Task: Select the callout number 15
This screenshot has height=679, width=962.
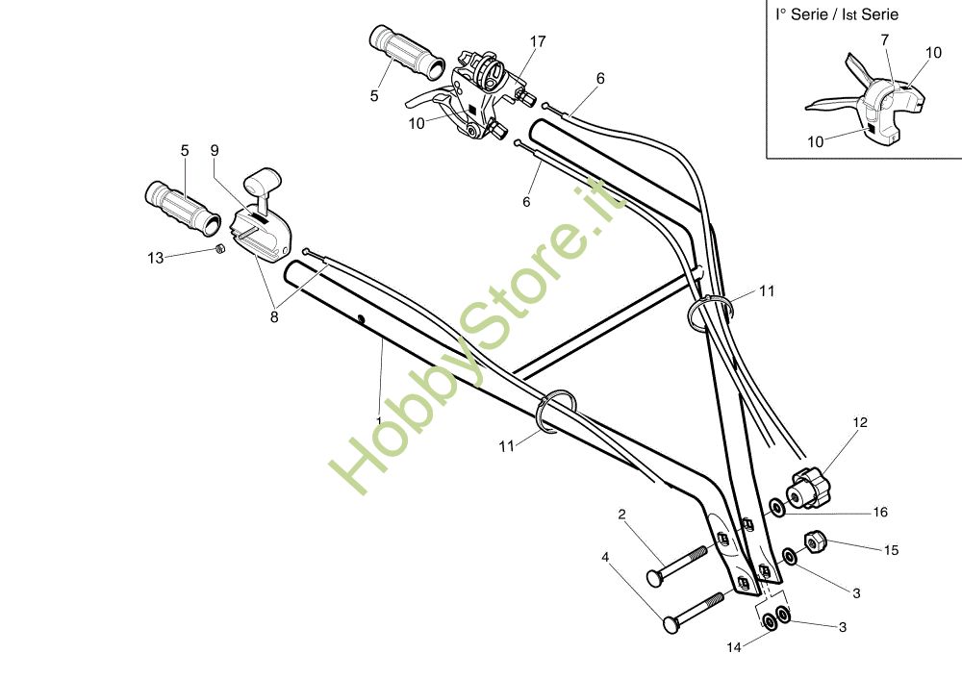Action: point(891,550)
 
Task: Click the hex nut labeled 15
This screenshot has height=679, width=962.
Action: point(814,543)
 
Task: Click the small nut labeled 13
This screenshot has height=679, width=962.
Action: point(218,249)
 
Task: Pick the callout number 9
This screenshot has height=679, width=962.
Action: point(215,150)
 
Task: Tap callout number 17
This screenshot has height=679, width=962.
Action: point(538,41)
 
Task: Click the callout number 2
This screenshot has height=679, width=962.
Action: point(621,515)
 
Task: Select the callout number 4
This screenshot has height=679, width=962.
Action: point(605,557)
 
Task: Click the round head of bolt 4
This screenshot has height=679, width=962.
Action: point(670,624)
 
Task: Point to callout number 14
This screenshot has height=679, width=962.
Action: point(734,648)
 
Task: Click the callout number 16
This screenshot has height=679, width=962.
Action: point(880,513)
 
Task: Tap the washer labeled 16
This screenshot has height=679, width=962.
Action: point(776,505)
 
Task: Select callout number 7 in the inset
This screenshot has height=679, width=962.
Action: point(884,39)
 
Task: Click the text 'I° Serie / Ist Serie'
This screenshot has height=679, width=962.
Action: point(837,14)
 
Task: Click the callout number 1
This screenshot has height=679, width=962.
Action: point(379,420)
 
